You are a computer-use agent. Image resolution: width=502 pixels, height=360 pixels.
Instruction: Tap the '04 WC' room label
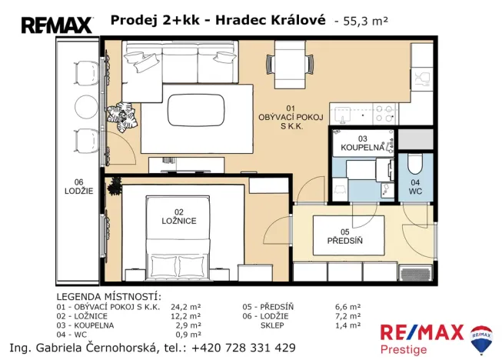coord(414,186)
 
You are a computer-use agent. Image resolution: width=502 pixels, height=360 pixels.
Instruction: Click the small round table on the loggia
coord(81,107)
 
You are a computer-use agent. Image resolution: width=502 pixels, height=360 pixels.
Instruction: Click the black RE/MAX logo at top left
coord(56,25)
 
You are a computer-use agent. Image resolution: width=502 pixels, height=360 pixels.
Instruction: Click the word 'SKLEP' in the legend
coord(274,325)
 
